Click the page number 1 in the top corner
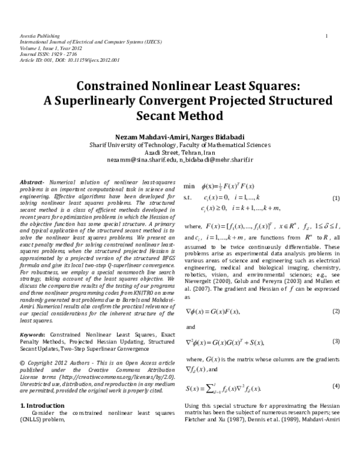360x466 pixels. click(x=326, y=37)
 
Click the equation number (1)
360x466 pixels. click(x=336, y=199)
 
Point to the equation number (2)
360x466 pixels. click(x=336, y=311)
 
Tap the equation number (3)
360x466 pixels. click(x=336, y=341)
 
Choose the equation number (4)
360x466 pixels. click(x=336, y=385)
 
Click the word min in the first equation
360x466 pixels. click(x=190, y=187)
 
